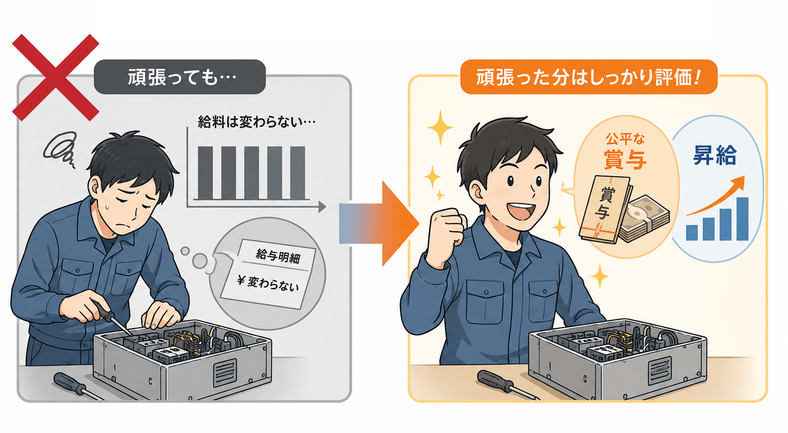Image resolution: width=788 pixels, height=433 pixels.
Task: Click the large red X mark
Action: pyautogui.click(x=55, y=78)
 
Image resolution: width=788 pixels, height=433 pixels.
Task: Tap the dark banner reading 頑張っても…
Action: pyautogui.click(x=180, y=77)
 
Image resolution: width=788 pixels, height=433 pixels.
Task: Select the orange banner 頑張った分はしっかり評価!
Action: pyautogui.click(x=589, y=77)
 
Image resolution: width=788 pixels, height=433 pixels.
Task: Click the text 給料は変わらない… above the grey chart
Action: pyautogui.click(x=256, y=122)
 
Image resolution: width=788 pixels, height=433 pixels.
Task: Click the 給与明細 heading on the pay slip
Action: pyautogui.click(x=278, y=256)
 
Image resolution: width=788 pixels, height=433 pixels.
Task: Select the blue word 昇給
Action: pyautogui.click(x=715, y=155)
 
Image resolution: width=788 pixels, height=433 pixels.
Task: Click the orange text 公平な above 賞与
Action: pyautogui.click(x=625, y=139)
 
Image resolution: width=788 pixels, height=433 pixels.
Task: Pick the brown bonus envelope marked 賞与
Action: pyautogui.click(x=605, y=209)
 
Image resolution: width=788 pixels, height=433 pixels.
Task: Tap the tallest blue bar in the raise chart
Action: pyautogui.click(x=742, y=219)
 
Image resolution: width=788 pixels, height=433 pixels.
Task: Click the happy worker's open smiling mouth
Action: pyautogui.click(x=522, y=210)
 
